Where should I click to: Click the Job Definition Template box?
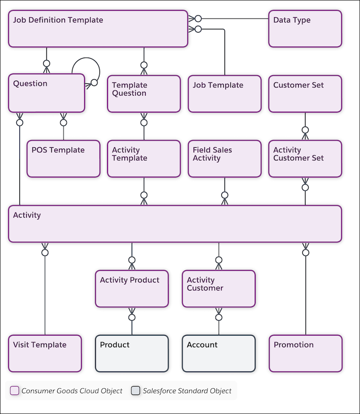[x=98, y=29]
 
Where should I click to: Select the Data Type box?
[x=305, y=29]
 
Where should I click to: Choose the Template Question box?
[x=144, y=94]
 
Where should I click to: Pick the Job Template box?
[x=224, y=94]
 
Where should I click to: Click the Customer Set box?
[x=305, y=94]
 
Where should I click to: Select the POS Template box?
[x=63, y=159]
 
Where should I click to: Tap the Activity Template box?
[x=144, y=159]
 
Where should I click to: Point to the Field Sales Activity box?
[x=224, y=159]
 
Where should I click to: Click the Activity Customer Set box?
[x=305, y=159]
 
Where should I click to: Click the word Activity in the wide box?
[x=27, y=215]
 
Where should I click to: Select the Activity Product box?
[x=131, y=288]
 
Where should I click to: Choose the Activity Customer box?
[x=219, y=288]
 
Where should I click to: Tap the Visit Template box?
[x=45, y=353]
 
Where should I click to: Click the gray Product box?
[x=131, y=353]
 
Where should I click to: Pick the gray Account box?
[x=219, y=353]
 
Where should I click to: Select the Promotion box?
[x=305, y=353]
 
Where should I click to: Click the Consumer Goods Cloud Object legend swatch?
[x=14, y=391]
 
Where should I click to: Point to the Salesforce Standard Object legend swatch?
[x=135, y=391]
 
